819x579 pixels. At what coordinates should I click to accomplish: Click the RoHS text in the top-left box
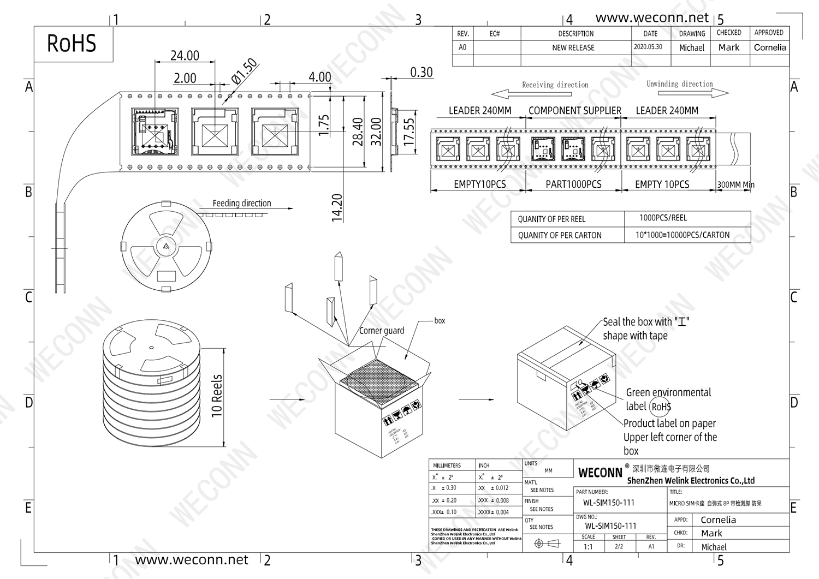click(72, 44)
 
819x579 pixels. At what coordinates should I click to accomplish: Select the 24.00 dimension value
click(185, 56)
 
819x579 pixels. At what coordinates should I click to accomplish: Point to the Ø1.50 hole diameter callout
click(244, 71)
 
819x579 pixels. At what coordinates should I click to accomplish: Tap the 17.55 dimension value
click(409, 132)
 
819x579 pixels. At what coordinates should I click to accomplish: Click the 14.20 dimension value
click(337, 207)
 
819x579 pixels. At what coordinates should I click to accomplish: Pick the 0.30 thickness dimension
click(421, 73)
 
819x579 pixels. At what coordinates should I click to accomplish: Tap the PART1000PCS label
click(573, 184)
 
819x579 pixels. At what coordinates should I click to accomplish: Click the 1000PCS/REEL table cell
click(663, 218)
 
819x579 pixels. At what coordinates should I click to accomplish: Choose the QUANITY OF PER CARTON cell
click(560, 235)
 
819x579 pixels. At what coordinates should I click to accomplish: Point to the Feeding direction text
click(241, 203)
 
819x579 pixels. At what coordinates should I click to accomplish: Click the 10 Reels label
click(217, 396)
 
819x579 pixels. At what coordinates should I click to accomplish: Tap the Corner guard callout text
click(382, 331)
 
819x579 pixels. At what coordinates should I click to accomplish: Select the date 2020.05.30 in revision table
click(648, 47)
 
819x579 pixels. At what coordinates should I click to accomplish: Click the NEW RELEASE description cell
click(573, 47)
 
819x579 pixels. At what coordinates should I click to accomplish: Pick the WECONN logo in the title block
click(600, 473)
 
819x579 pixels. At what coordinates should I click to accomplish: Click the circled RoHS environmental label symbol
click(661, 407)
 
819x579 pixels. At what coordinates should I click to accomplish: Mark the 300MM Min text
click(735, 185)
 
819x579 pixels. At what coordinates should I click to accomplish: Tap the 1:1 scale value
click(588, 546)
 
